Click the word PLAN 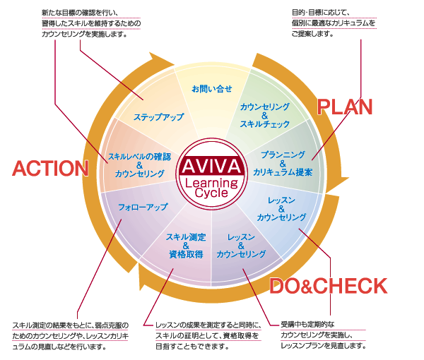click(345, 107)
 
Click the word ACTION click(51, 168)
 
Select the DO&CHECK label click(329, 286)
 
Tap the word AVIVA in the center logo click(211, 166)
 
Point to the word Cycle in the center click(211, 193)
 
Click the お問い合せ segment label click(212, 89)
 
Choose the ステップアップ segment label click(159, 117)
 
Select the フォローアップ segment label click(143, 207)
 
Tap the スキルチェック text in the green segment click(265, 124)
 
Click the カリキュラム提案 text click(283, 172)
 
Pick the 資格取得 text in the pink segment click(186, 254)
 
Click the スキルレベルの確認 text click(139, 157)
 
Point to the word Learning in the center click(211, 183)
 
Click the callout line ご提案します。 click(312, 34)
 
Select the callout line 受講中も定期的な click(307, 324)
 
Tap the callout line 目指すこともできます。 click(192, 346)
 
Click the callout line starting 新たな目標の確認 click(80, 13)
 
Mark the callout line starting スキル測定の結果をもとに click(71, 325)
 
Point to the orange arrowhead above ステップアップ click(162, 59)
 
